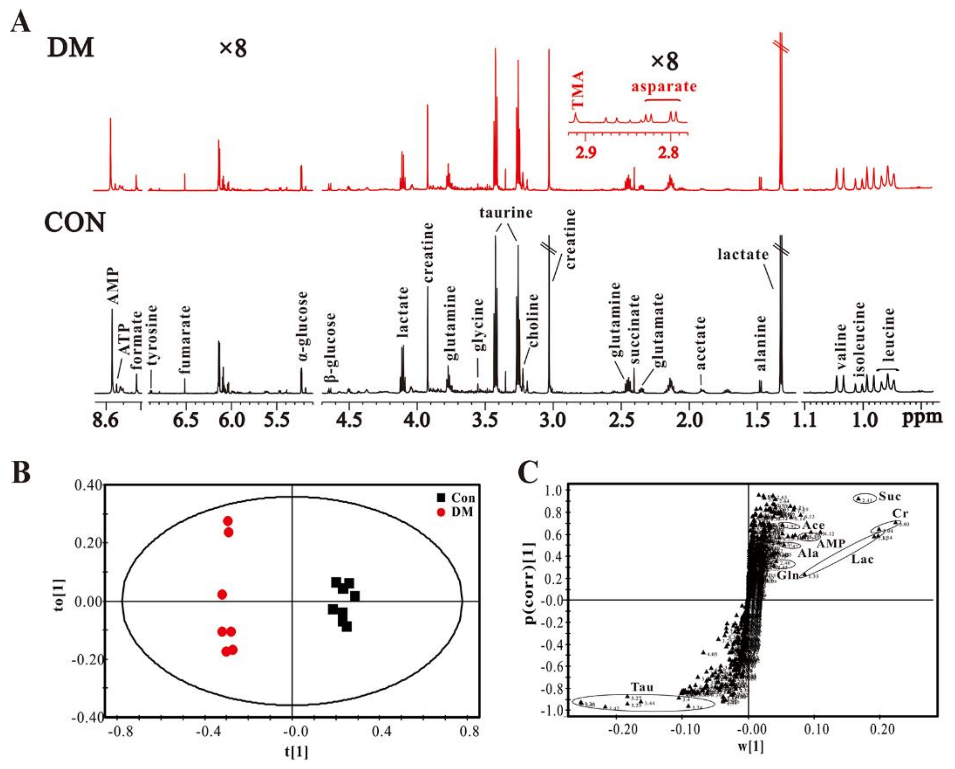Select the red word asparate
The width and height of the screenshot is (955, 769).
click(x=663, y=86)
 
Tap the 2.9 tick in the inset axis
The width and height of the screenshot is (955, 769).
click(x=586, y=152)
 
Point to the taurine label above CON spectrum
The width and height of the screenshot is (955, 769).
click(x=506, y=213)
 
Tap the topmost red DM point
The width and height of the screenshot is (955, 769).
click(x=228, y=521)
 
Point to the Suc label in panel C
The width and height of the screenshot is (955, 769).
click(x=889, y=496)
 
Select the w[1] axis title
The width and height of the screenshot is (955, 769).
click(x=750, y=746)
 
